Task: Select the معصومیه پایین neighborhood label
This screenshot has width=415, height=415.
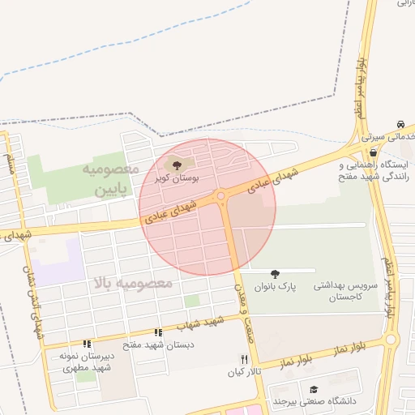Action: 110,181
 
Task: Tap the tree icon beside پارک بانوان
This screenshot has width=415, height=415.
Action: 275,273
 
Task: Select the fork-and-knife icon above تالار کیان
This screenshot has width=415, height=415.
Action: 243,358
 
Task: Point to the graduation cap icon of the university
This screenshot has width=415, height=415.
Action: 314,389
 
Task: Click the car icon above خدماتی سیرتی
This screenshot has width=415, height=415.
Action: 400,124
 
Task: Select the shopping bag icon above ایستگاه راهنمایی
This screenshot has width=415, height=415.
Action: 372,152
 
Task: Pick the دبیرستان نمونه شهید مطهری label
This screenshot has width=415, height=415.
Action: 86,362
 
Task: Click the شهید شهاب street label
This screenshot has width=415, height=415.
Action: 203,323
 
